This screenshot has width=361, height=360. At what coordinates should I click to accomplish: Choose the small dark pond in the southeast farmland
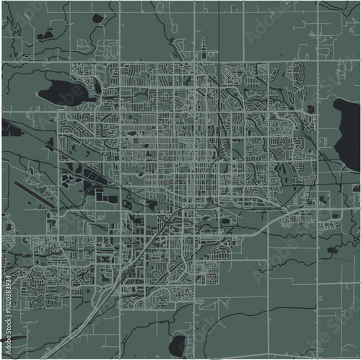332,250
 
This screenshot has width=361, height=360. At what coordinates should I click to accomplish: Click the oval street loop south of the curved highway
221,252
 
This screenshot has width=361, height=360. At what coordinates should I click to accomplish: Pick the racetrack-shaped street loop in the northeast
296,72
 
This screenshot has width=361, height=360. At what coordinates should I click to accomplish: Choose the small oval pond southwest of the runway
9,227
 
